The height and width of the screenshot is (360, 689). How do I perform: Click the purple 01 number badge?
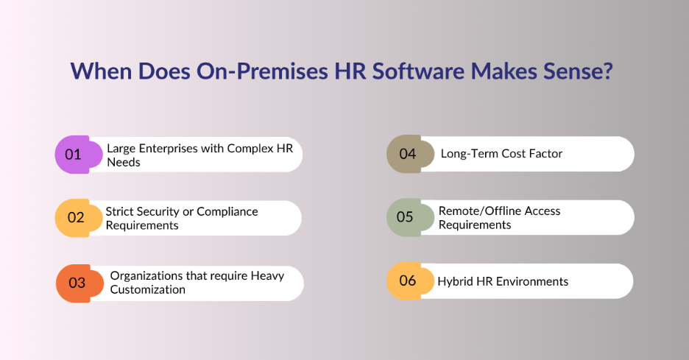(x=73, y=155)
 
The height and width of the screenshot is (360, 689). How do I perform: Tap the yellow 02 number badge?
(x=75, y=218)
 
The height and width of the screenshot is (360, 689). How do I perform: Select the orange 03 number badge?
(x=77, y=283)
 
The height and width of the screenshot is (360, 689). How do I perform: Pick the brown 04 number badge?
(x=407, y=154)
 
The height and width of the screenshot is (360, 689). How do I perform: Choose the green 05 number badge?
(x=405, y=217)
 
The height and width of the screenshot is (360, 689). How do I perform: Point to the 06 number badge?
(x=407, y=280)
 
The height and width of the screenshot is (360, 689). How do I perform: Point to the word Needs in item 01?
(x=124, y=162)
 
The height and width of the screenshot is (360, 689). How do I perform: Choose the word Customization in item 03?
(x=148, y=289)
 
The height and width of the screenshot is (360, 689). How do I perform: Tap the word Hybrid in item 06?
(x=455, y=281)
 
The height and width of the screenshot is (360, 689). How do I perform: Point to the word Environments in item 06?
(x=531, y=281)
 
